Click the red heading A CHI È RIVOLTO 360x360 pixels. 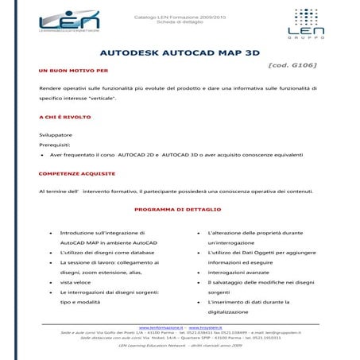pyautogui.click(x=59, y=118)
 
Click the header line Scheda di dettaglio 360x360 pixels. pyautogui.click(x=180, y=17)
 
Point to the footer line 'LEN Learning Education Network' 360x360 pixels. pyautogui.click(x=180, y=346)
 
